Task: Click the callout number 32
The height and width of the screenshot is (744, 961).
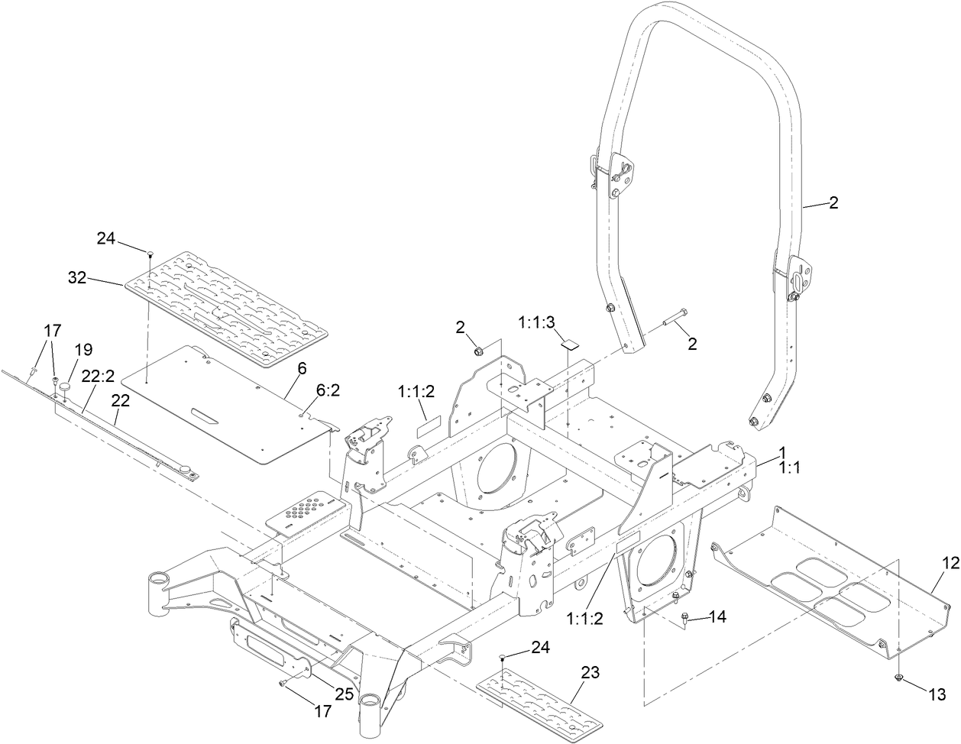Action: click(76, 279)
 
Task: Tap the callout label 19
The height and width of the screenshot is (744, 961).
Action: click(83, 349)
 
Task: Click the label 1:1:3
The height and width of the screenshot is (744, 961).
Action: click(539, 323)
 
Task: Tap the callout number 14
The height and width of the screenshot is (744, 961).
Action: click(719, 616)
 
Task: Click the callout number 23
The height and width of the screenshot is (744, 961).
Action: click(590, 673)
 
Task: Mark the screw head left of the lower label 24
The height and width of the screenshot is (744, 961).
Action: click(502, 656)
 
